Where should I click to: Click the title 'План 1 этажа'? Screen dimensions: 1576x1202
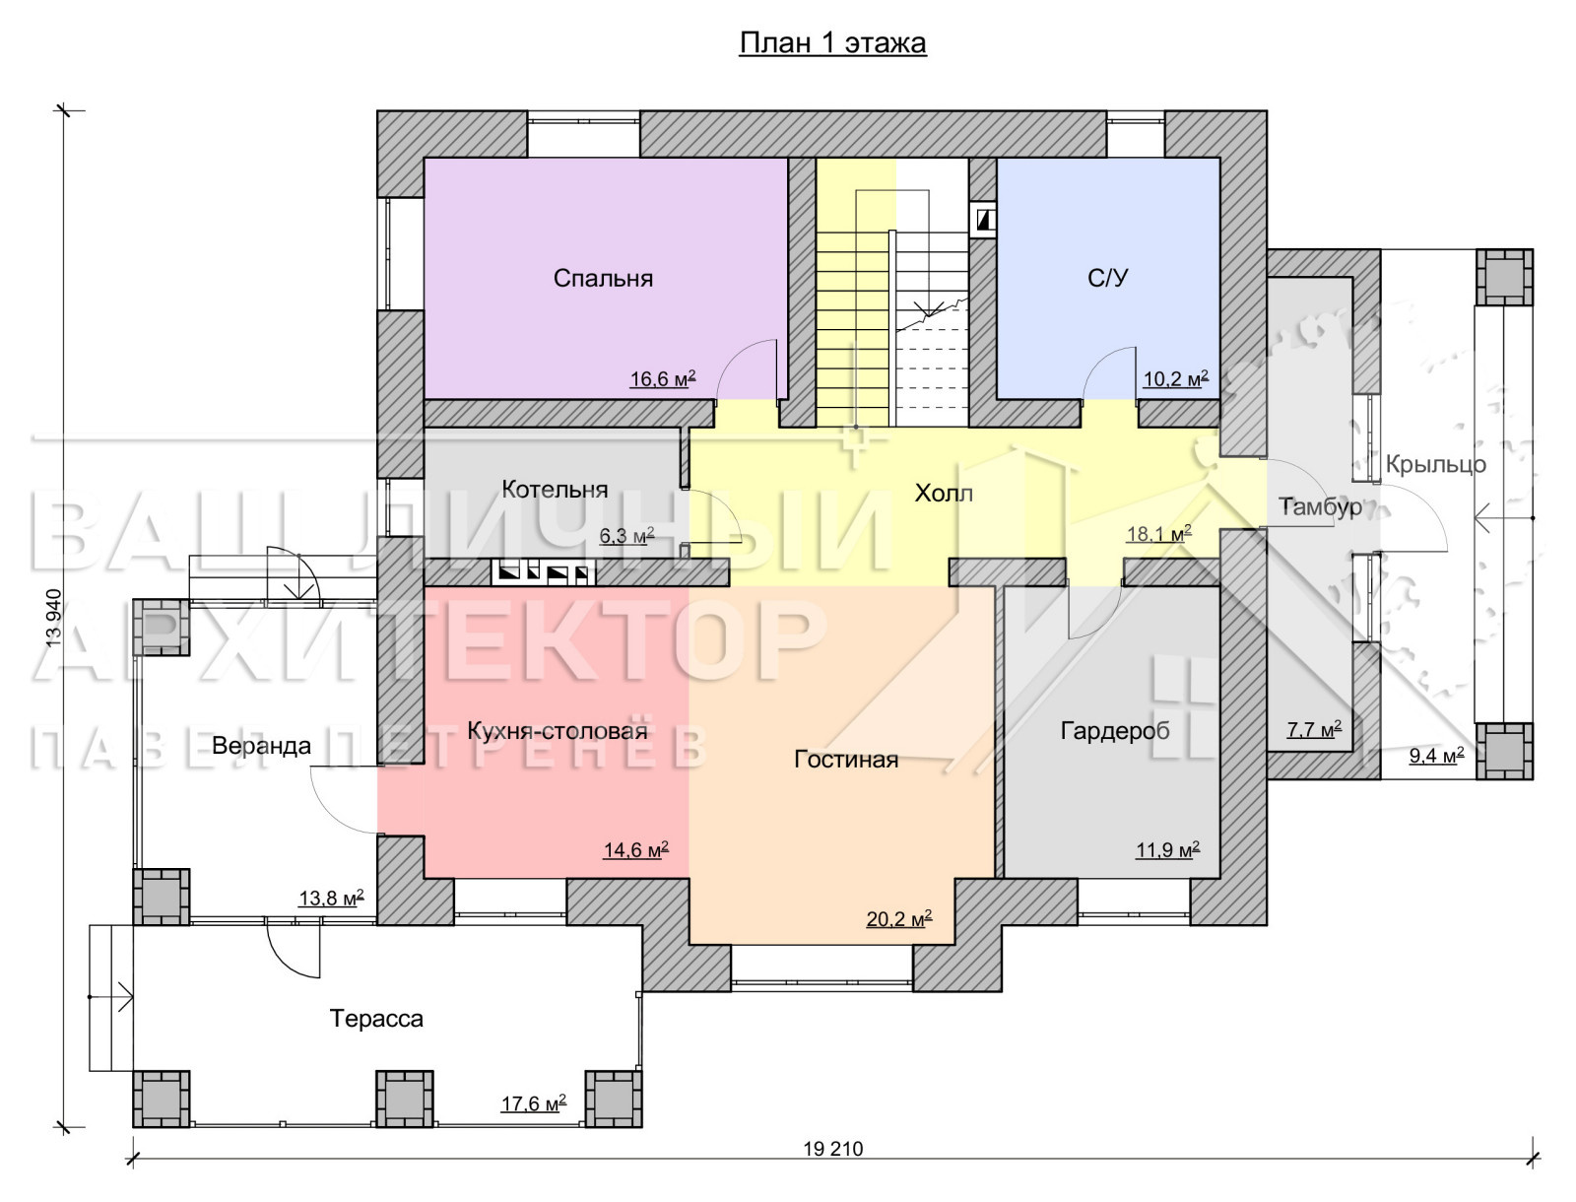coord(833,43)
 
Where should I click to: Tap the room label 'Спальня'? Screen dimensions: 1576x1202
coord(603,278)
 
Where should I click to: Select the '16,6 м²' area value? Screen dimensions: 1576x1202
coord(663,378)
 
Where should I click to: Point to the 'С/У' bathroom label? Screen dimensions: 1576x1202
coord(1108,278)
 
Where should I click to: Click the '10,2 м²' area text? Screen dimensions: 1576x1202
coord(1176,378)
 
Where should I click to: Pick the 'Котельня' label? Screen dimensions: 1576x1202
coord(555,490)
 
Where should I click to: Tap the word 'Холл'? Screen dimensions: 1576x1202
coord(944,494)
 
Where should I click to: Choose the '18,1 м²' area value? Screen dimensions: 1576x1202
coord(1158,533)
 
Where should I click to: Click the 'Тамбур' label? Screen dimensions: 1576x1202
coord(1321,507)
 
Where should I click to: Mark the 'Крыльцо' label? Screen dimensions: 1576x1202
coord(1435,465)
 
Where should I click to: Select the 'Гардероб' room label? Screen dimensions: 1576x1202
coord(1115,731)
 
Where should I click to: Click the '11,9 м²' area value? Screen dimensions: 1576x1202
coord(1167,850)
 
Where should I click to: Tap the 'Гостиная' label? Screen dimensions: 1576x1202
coord(846,760)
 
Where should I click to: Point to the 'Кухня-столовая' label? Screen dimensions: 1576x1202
coord(558,731)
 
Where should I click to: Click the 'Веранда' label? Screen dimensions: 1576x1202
coord(261,746)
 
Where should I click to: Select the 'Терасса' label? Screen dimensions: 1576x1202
coord(376,1018)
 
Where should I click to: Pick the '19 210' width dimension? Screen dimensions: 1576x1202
coord(833,1150)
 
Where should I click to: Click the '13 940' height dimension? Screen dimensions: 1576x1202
coord(54,618)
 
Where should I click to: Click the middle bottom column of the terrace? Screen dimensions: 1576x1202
coord(405,1100)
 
